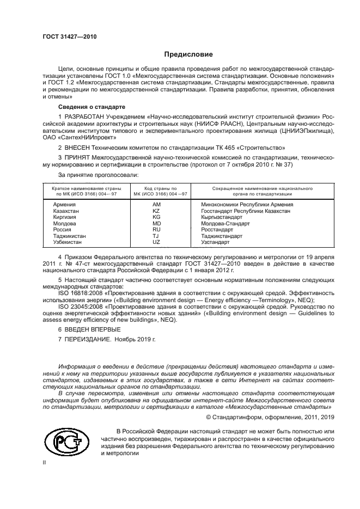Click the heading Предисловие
188,54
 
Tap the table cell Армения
64,204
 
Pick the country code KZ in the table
156,211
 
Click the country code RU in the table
156,230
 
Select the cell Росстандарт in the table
217,230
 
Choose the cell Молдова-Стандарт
225,223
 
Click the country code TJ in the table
156,236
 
